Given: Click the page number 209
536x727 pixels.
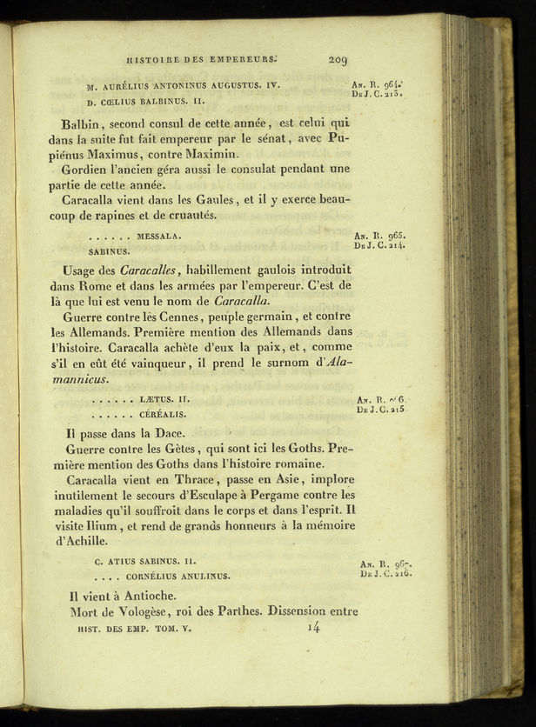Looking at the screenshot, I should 338,60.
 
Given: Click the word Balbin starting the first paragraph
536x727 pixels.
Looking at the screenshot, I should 84,123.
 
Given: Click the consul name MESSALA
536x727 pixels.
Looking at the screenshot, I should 158,236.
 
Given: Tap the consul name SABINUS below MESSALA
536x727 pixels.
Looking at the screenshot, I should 109,250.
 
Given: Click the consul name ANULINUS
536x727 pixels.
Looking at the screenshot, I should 206,576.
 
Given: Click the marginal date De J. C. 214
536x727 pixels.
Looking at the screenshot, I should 379,246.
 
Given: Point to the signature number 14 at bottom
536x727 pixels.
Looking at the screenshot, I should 313,626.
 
